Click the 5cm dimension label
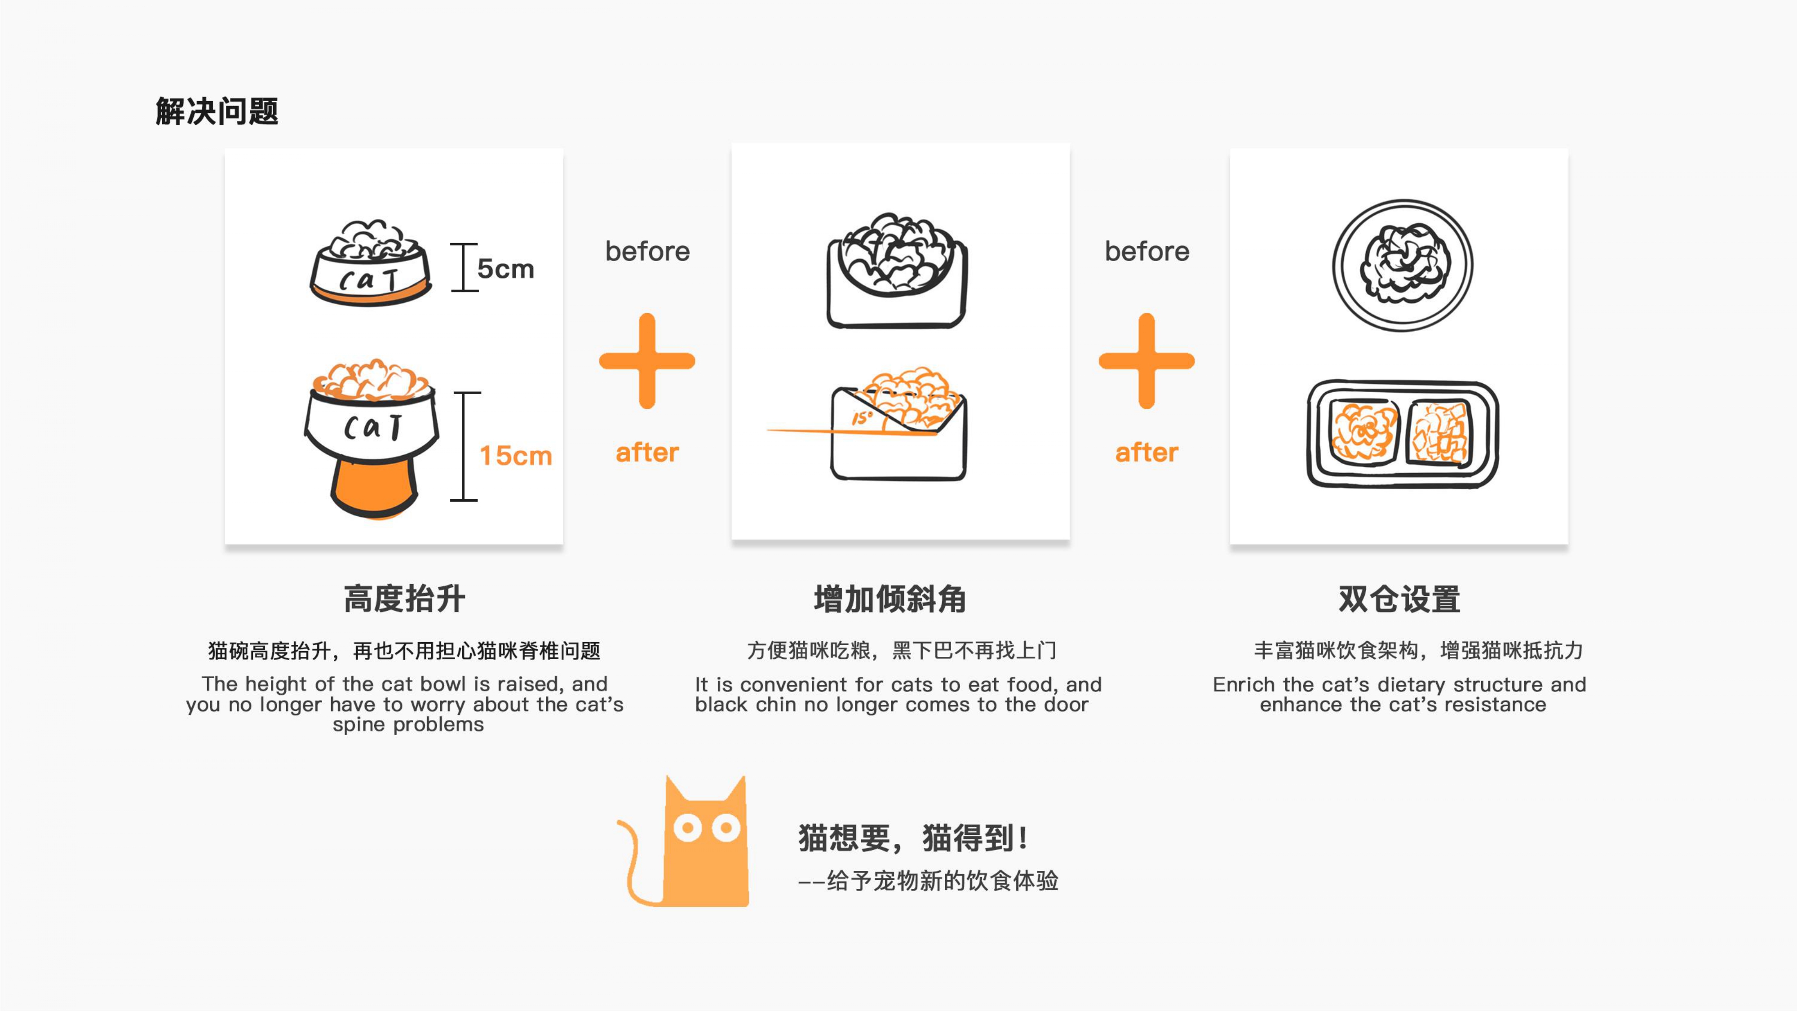505,269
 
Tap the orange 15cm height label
516,456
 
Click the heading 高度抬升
405,599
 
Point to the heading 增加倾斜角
890,599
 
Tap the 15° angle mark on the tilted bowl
862,418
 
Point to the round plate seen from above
1402,265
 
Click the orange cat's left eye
688,828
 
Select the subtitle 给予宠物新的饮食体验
942,881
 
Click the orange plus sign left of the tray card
1146,361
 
